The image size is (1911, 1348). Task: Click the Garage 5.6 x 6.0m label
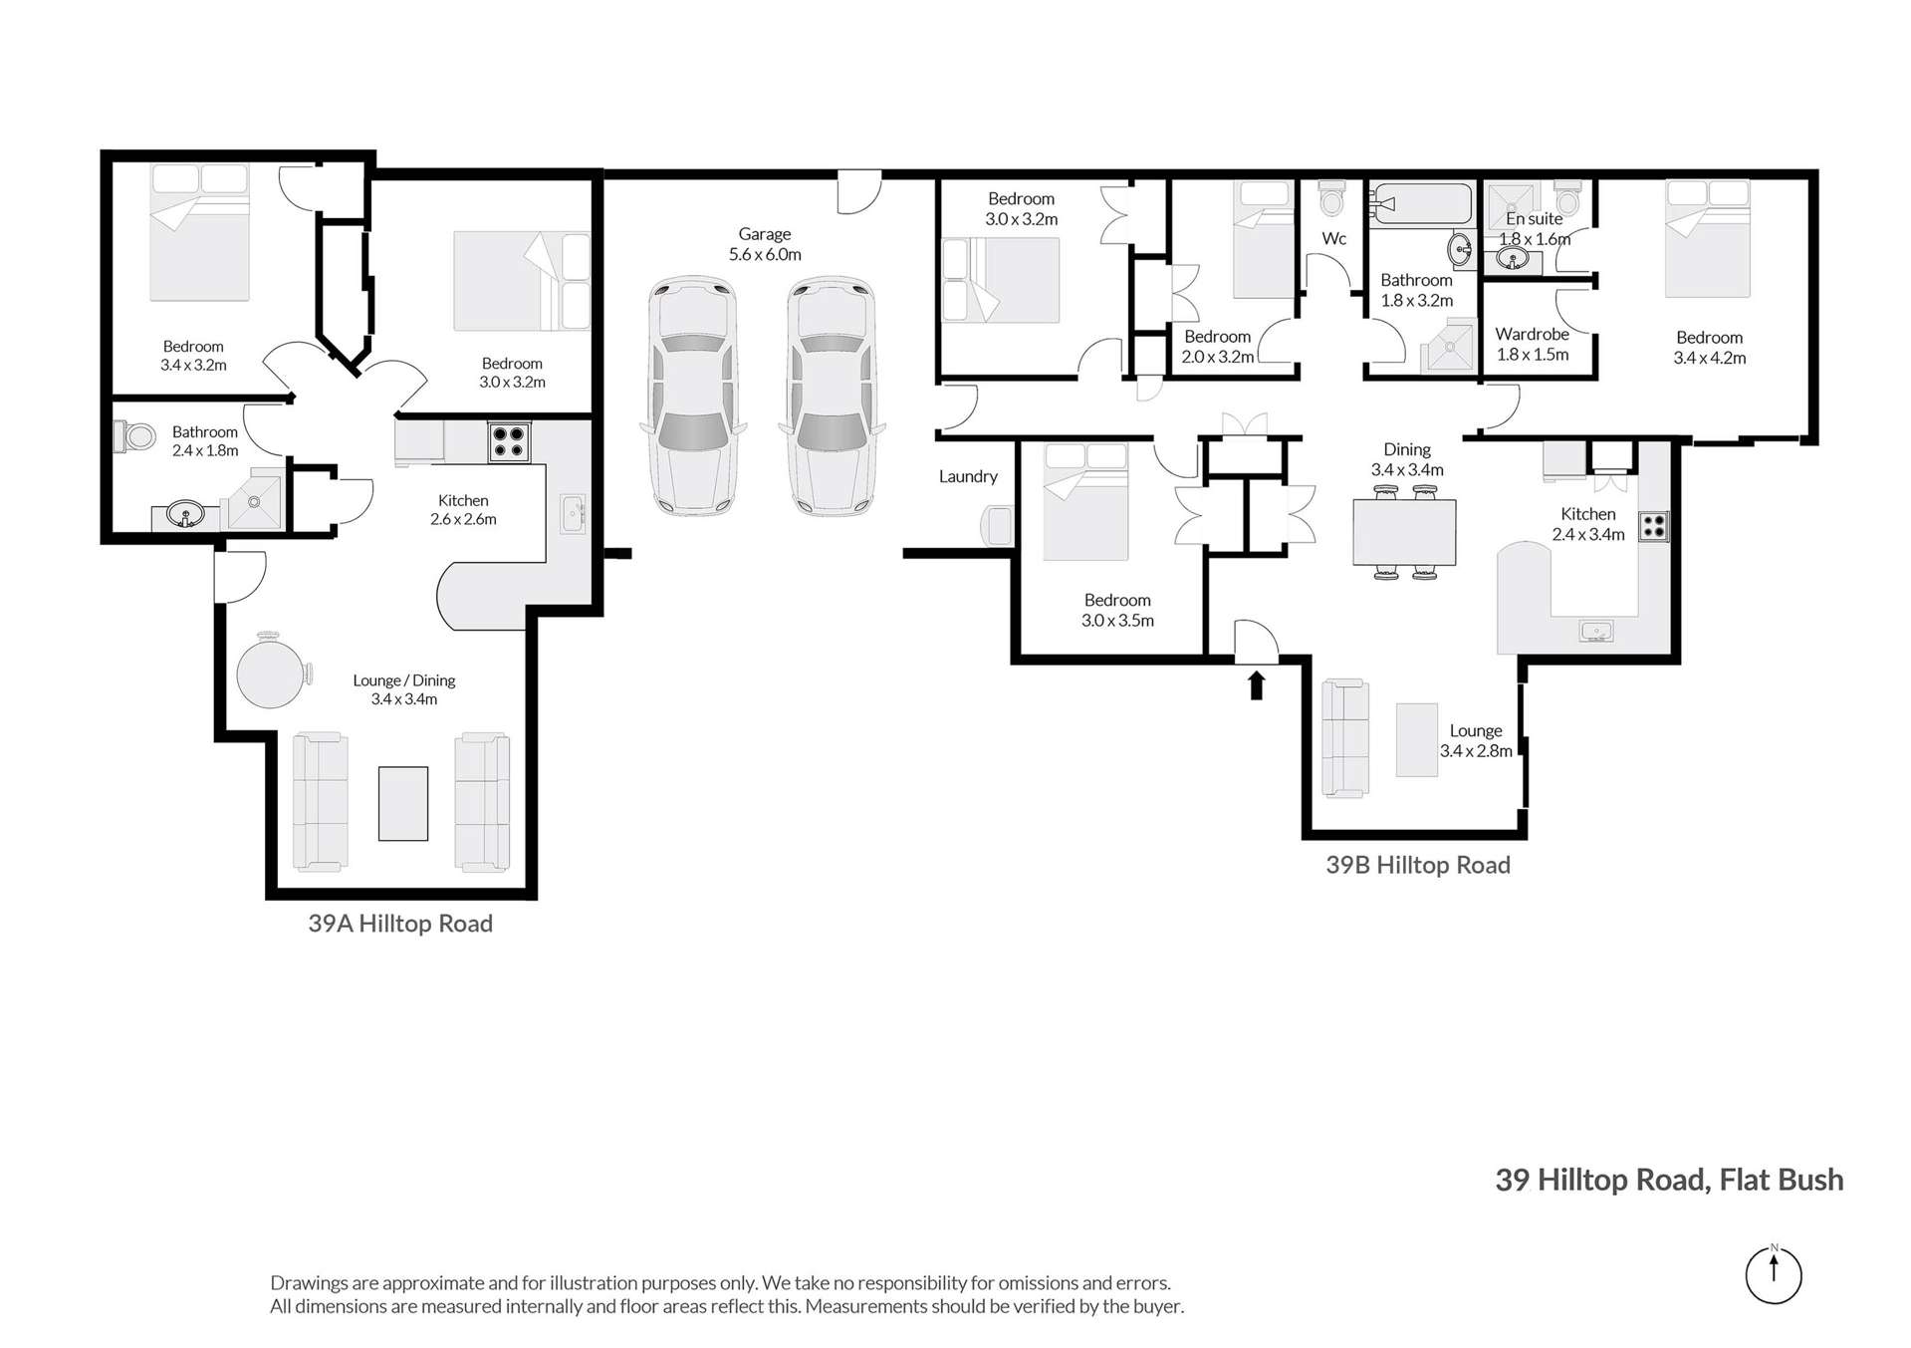pos(764,244)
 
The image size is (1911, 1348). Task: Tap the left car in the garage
pos(692,397)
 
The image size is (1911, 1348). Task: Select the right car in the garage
pos(831,397)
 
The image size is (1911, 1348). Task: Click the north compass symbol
pos(1773,1274)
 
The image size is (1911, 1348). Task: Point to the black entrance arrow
pos(1256,685)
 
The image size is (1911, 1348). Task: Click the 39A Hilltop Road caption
pos(400,924)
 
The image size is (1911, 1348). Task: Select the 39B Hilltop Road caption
pos(1417,865)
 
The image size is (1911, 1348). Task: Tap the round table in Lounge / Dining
pos(271,674)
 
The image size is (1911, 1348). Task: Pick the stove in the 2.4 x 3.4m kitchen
pos(1653,526)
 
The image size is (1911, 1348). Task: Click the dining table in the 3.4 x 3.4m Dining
pos(1403,533)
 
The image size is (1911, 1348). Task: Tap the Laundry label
pos(967,476)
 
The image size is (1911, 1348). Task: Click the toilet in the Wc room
pos(1331,199)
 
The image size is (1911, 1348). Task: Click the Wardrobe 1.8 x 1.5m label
pos(1532,345)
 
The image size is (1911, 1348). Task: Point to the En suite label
pos(1534,219)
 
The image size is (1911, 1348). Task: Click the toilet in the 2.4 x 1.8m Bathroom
pos(135,436)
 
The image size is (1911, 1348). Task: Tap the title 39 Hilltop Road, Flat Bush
pos(1669,1180)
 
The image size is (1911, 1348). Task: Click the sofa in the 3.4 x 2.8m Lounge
pos(1344,738)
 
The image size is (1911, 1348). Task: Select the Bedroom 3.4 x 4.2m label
pos(1709,348)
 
